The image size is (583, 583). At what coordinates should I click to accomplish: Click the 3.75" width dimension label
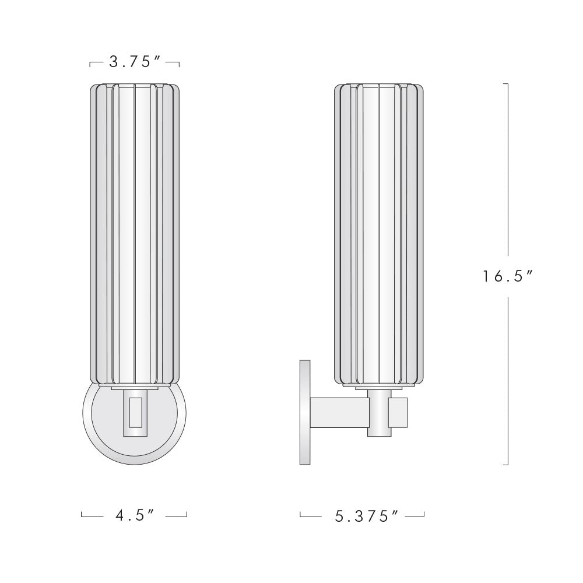[135, 62]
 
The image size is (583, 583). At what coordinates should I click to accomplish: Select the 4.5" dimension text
[134, 515]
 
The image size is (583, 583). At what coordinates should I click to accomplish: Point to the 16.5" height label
[508, 276]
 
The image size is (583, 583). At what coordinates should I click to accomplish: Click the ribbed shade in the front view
[135, 233]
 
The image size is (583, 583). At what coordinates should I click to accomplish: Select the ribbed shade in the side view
[378, 233]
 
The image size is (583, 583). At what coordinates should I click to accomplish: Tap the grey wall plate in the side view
[304, 412]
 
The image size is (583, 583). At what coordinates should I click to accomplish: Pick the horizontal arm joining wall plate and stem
[338, 412]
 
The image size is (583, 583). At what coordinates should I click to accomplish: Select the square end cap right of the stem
[399, 412]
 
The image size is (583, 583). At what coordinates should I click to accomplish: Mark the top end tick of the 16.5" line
[505, 84]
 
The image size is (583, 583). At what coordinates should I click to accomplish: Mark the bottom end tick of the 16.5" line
[505, 465]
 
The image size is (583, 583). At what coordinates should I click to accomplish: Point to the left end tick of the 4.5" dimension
[82, 514]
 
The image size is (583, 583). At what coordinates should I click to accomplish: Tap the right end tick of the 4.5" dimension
[187, 514]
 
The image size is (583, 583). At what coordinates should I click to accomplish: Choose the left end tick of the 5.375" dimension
[300, 514]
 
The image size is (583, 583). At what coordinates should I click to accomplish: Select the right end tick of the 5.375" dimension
[424, 514]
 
